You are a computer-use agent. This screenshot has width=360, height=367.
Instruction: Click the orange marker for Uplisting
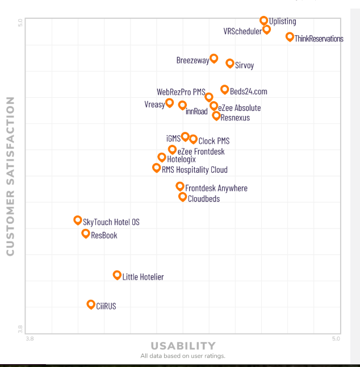(264, 20)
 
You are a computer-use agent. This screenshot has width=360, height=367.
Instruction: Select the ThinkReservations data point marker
(290, 37)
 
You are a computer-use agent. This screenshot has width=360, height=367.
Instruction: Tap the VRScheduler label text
(242, 31)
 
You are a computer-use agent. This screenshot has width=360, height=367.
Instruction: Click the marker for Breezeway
(214, 58)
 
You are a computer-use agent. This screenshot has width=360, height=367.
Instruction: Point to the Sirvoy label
(244, 65)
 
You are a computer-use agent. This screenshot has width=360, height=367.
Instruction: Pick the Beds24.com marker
(225, 89)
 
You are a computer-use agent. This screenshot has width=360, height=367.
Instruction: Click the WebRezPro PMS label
(181, 92)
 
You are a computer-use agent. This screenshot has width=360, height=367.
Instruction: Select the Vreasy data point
(169, 103)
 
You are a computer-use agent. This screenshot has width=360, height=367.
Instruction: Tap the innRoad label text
(196, 111)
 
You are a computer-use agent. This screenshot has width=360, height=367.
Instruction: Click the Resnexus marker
(216, 115)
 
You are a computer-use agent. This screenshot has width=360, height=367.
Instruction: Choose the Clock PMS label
(214, 141)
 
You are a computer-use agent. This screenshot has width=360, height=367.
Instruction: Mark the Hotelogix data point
(162, 157)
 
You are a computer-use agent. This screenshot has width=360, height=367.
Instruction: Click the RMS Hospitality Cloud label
(194, 170)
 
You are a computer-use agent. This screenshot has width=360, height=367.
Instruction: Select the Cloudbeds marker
(182, 197)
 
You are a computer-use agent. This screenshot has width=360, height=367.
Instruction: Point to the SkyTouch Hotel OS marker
(78, 220)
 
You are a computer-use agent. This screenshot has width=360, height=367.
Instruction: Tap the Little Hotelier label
(143, 277)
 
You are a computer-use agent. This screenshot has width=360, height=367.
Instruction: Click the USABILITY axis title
(183, 345)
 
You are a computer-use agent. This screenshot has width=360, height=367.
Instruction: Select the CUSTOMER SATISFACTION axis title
(10, 176)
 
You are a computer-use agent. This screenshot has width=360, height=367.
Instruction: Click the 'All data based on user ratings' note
(183, 356)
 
